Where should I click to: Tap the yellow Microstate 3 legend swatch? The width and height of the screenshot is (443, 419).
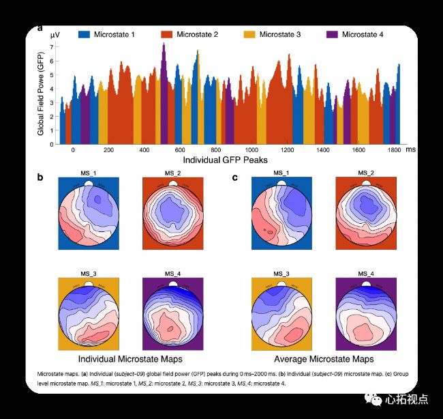click(251, 34)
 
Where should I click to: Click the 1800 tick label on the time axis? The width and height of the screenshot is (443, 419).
click(393, 149)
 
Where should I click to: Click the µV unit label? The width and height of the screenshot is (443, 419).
click(44, 34)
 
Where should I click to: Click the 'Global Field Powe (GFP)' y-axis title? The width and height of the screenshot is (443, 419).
click(41, 96)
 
